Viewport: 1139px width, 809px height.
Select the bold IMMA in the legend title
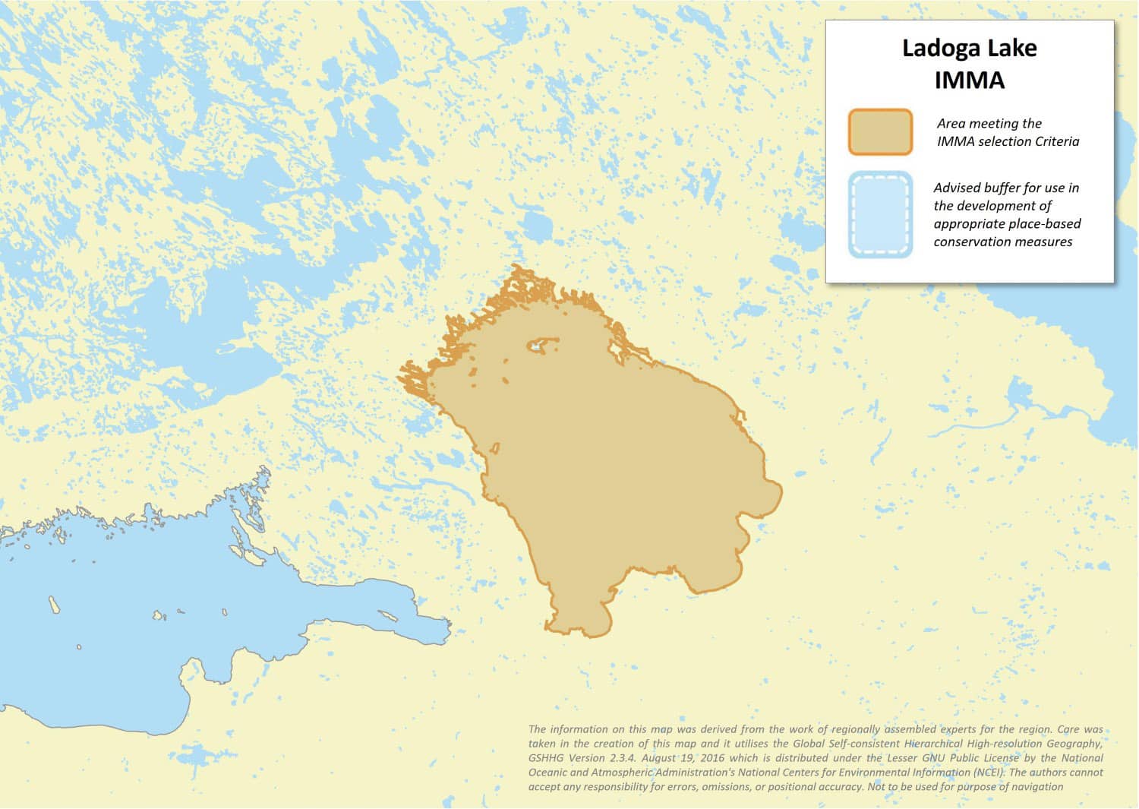pyautogui.click(x=970, y=80)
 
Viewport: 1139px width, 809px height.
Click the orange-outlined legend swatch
pyautogui.click(x=880, y=132)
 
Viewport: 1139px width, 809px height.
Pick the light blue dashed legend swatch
pyautogui.click(x=880, y=215)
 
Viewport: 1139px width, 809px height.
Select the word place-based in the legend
pyautogui.click(x=1045, y=224)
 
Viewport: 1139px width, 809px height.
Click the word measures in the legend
pyautogui.click(x=1046, y=242)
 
